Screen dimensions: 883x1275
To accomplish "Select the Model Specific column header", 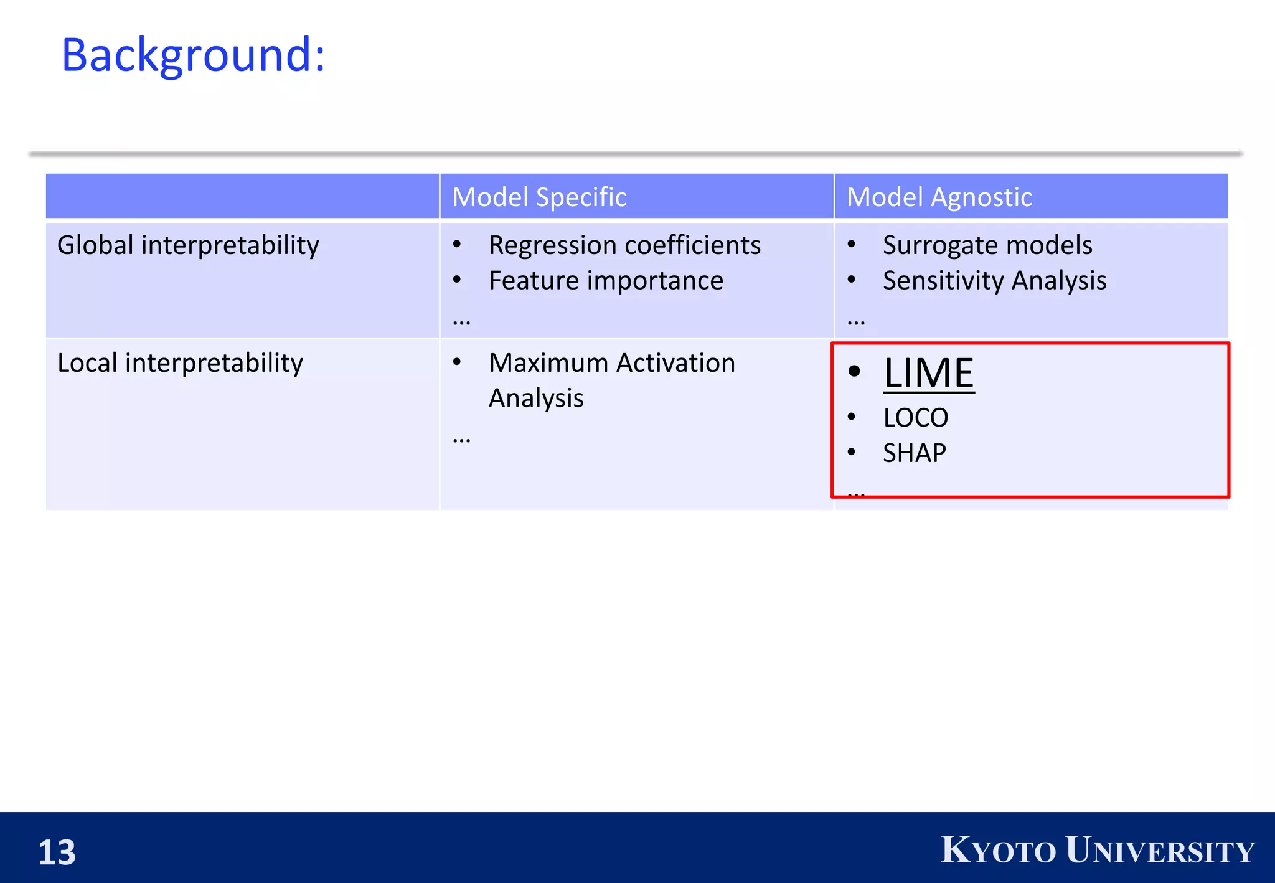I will click(539, 197).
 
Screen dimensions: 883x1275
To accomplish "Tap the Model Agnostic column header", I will click(939, 197).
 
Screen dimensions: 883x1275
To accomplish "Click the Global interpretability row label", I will click(188, 245).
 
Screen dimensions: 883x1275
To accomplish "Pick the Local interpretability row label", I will click(180, 363).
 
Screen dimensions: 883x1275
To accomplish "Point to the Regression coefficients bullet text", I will click(624, 245).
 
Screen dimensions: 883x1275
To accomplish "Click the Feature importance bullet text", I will click(606, 281).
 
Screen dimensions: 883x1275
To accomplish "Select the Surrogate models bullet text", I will click(987, 245).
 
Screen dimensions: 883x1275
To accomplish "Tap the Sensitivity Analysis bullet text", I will click(994, 281).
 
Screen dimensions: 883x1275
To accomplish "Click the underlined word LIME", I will click(928, 374).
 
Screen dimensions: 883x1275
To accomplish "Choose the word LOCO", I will click(915, 418).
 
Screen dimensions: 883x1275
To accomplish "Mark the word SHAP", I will click(914, 453).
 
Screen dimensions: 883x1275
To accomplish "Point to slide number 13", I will click(57, 852).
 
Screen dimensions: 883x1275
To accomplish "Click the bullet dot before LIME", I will click(854, 372).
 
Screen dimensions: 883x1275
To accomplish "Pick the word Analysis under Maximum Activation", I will click(536, 399).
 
